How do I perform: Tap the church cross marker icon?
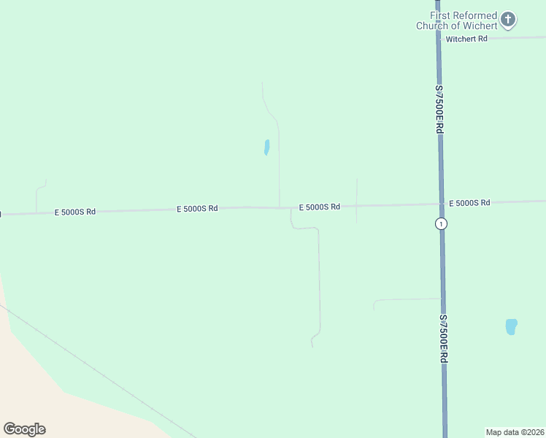[509, 19]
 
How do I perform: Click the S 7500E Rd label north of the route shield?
[439, 109]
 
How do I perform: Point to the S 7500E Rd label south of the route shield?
[443, 339]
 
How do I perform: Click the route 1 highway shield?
[441, 223]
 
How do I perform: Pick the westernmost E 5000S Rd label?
[75, 212]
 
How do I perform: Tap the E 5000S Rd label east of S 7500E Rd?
[469, 202]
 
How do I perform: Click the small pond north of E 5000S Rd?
[266, 147]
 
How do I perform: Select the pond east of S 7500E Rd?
[511, 326]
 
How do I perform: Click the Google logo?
[24, 429]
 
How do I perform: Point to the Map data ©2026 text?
[515, 432]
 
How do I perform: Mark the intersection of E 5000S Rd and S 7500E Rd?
[441, 204]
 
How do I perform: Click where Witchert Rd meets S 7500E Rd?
[438, 38]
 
